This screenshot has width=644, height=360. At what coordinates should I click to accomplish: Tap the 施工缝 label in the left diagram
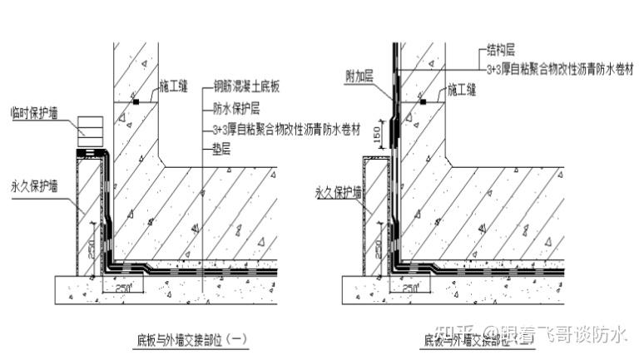(176, 85)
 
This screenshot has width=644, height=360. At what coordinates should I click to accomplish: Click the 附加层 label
(359, 76)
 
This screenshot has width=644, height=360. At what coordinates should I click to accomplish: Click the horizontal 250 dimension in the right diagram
(409, 287)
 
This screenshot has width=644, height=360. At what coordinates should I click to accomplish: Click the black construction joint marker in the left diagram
(135, 101)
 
